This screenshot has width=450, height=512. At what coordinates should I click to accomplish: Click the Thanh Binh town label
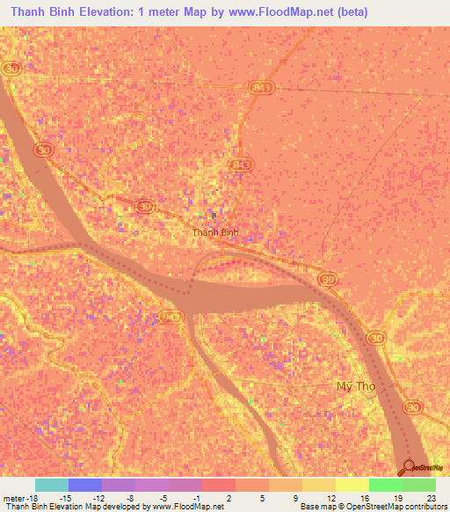(215, 232)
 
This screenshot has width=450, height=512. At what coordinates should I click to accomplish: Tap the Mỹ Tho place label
(356, 386)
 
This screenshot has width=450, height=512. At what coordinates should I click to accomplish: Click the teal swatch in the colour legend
(52, 485)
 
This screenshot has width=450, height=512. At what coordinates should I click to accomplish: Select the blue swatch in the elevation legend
(85, 485)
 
